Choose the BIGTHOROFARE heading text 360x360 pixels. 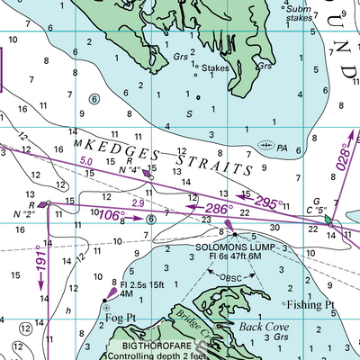click(x=152, y=344)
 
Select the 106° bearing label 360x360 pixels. click(x=111, y=215)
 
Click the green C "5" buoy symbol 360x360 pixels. click(x=329, y=220)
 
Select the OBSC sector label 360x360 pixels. click(x=233, y=277)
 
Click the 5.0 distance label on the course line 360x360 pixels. click(x=86, y=161)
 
